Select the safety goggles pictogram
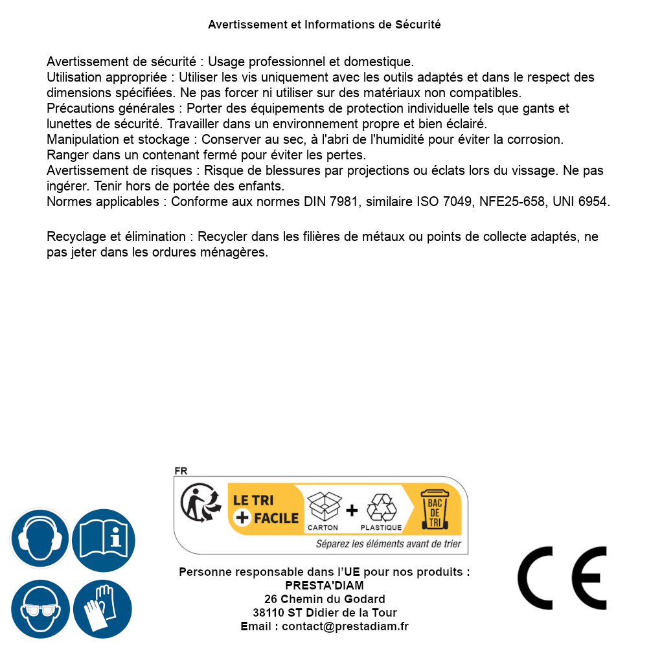(40, 609)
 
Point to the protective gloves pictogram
(102, 609)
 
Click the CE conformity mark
(562, 578)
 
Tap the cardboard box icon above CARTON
(323, 507)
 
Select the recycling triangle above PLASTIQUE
(381, 508)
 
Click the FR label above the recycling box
(181, 471)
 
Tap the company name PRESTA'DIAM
(325, 586)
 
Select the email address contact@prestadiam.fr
(345, 626)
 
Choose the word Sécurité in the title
(418, 25)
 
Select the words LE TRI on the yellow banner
(255, 500)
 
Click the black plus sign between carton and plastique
(352, 510)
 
